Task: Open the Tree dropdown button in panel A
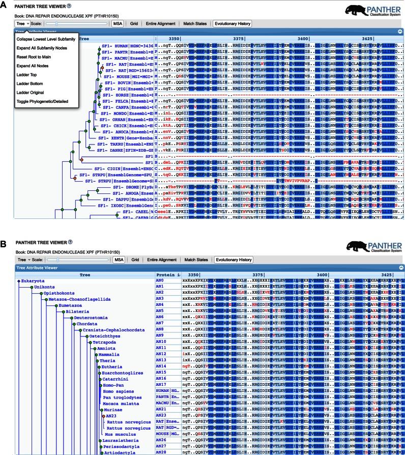pos(21,23)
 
